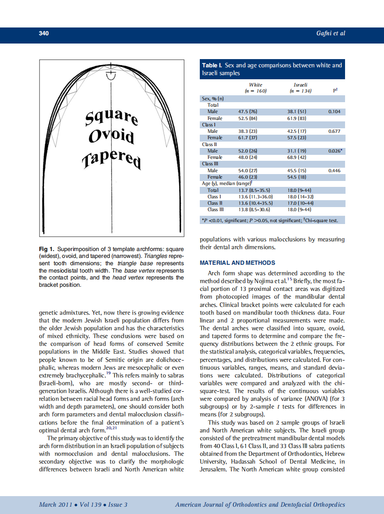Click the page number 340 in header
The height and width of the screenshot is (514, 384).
44,33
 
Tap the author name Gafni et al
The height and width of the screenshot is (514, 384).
330,33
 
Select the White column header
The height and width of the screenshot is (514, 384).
256,85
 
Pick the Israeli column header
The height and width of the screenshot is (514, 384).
300,85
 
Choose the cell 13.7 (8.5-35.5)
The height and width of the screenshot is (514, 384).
253,190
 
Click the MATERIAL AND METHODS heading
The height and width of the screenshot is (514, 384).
237,263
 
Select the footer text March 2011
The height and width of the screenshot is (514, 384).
54,505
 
